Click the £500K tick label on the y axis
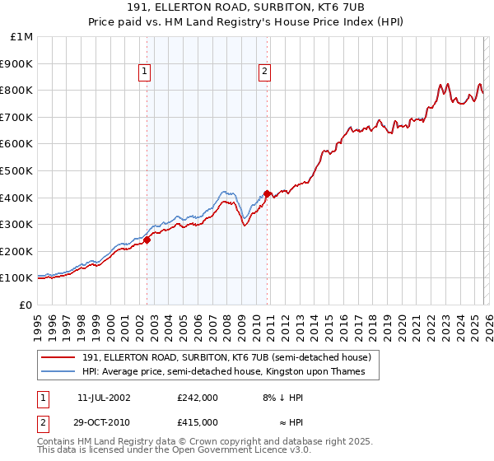point(16,170)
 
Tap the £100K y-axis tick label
point(16,278)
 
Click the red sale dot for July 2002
point(147,240)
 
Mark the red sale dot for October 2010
point(267,193)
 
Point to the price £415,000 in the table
point(197,421)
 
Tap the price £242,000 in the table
point(197,397)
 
